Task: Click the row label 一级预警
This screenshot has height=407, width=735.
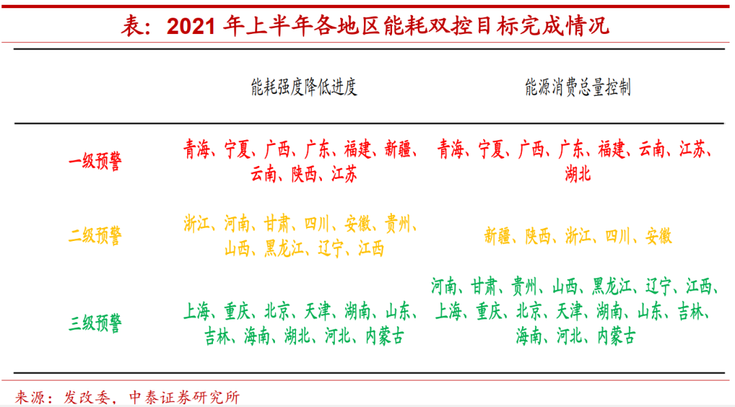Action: (95, 161)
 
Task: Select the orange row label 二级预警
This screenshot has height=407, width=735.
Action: (95, 235)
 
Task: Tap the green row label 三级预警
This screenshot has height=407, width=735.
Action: (95, 323)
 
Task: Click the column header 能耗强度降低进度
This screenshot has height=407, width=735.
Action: (304, 87)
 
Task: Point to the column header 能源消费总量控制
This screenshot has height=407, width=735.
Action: (578, 87)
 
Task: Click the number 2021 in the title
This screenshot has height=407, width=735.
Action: (191, 27)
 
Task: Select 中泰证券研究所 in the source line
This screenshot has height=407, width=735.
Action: (184, 397)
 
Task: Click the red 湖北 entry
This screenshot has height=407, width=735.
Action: (578, 174)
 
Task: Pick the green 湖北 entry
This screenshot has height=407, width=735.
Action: (297, 336)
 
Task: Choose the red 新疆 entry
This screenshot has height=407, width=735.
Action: (397, 149)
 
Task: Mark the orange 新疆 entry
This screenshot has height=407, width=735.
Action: (497, 236)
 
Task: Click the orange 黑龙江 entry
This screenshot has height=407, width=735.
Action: (284, 248)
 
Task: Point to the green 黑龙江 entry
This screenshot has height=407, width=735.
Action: (612, 286)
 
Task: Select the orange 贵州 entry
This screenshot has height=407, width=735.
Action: (397, 224)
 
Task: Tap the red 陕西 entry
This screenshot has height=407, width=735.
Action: (304, 174)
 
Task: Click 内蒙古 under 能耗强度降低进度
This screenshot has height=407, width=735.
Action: (385, 336)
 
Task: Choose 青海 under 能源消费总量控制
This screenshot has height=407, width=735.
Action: (451, 149)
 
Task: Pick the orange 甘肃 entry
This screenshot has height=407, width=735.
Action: (277, 224)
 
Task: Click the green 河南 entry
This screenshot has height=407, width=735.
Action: (444, 286)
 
